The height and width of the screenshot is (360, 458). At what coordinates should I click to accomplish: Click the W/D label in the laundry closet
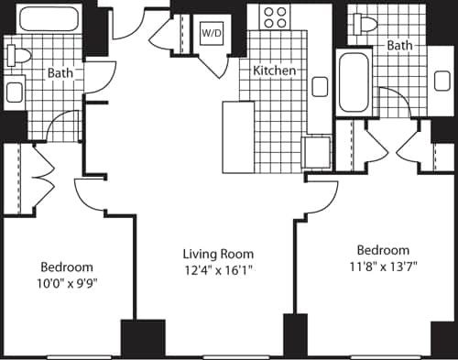point(212,32)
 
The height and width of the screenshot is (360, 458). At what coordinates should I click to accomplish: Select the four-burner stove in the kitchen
point(274,17)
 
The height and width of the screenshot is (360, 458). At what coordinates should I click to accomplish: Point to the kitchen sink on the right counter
point(320,87)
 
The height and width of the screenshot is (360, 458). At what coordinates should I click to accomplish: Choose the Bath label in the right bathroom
point(399,45)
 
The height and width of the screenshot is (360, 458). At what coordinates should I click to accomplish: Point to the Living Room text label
point(217,254)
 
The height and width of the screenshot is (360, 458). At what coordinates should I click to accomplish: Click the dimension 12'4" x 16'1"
point(217,269)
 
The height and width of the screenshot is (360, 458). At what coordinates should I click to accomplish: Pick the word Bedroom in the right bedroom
point(383,250)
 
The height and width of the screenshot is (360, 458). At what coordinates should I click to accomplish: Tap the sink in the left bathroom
point(14,91)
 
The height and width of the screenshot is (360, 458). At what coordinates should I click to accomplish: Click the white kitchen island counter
point(238,138)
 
